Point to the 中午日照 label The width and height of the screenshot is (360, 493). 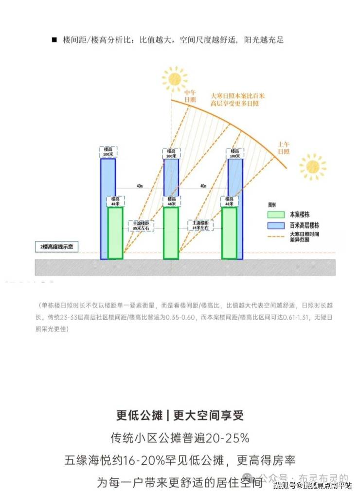(x=190, y=95)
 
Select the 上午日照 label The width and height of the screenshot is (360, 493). (x=284, y=148)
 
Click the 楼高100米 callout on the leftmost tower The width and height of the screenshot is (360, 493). (x=107, y=152)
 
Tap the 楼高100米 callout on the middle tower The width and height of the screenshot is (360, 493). (x=171, y=153)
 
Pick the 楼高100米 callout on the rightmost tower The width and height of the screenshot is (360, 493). (x=234, y=153)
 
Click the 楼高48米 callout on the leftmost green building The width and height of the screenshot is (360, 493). (x=115, y=201)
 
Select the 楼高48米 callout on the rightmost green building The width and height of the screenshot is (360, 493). (x=229, y=201)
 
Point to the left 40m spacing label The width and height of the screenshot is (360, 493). (x=139, y=186)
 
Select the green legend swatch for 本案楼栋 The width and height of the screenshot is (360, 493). (x=276, y=215)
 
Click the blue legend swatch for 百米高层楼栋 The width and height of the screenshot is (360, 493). (x=276, y=226)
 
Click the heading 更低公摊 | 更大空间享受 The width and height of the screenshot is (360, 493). (x=180, y=415)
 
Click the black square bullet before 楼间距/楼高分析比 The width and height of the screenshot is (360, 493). (x=54, y=40)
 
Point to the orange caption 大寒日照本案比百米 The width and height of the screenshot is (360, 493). (x=237, y=96)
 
